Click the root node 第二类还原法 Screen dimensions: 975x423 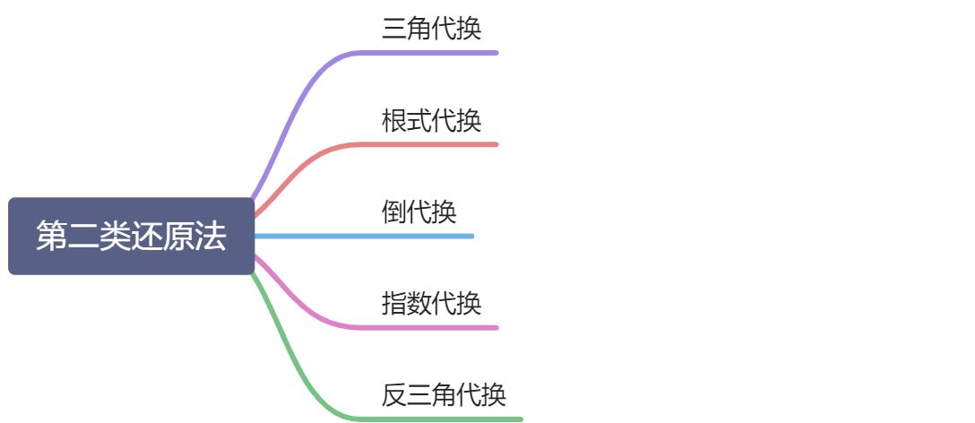pos(131,236)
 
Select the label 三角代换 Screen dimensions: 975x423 pos(431,29)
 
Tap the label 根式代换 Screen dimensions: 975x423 pos(431,120)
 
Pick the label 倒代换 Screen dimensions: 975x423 pos(418,212)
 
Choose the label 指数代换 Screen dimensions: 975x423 pos(431,303)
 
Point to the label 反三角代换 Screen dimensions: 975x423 pos(444,394)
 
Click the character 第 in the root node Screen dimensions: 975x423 pos(51,237)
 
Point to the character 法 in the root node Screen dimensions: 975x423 pos(211,237)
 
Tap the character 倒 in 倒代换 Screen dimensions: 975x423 pos(393,212)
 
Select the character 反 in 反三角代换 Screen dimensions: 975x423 pos(393,394)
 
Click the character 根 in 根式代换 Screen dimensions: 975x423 pos(393,120)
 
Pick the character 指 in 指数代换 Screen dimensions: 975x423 pos(393,303)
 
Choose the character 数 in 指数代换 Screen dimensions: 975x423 pos(418,303)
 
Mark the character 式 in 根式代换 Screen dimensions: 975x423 pos(418,120)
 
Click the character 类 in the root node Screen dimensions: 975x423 pos(115,237)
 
